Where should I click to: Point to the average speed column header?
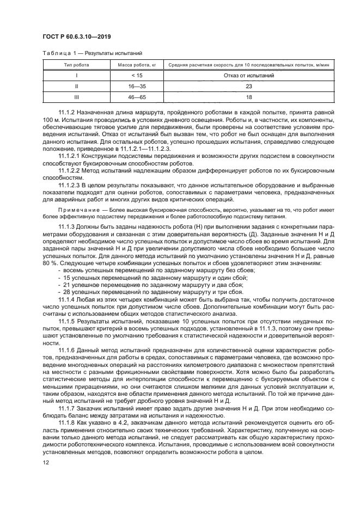[248, 65]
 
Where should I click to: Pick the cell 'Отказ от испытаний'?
[248, 75]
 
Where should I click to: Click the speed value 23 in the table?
[248, 85]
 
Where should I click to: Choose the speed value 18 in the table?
[248, 96]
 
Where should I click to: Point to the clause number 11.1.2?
[67, 112]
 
